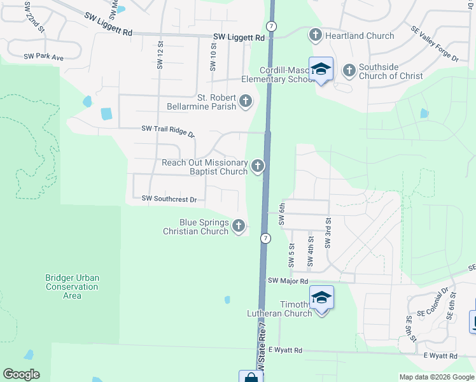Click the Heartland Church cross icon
coord(316,36)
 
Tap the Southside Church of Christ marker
coord(349,71)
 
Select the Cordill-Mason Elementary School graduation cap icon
coord(321,69)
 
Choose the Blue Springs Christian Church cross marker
coord(239,226)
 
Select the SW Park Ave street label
coord(44,57)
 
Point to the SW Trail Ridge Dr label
coord(168,130)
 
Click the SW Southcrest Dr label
coord(169,199)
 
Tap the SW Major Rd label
coord(288,281)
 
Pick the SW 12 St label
coord(160,55)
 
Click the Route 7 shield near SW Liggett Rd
coord(272,26)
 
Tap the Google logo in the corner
coord(21,374)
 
